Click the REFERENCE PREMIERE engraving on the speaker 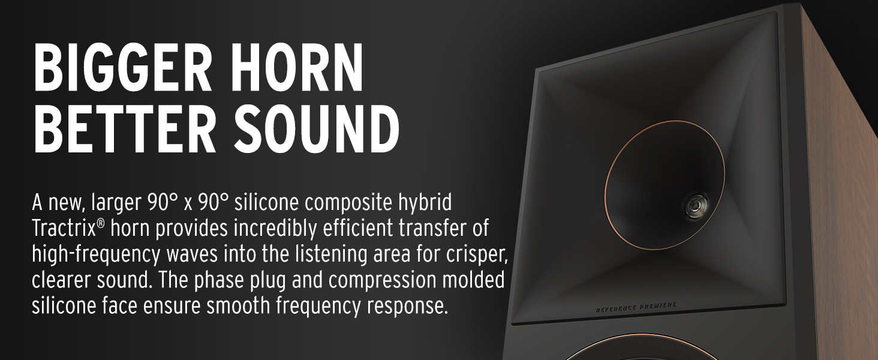[x=636, y=307]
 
